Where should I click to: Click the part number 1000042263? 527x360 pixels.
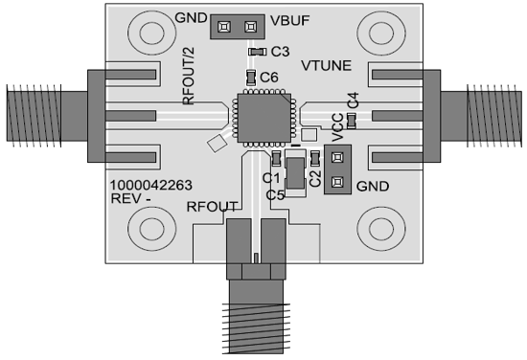click(149, 187)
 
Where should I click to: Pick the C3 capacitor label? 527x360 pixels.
click(281, 51)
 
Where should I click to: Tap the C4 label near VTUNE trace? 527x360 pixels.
click(353, 99)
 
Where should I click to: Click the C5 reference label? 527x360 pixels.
click(276, 194)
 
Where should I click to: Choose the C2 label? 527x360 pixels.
click(317, 178)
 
